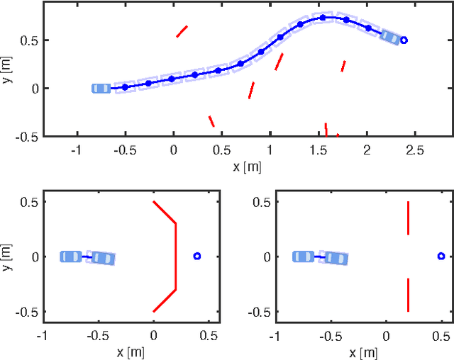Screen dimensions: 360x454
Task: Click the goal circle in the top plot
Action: (x=404, y=40)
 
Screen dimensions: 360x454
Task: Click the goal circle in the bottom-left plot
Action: (x=197, y=256)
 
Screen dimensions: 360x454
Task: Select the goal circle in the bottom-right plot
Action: (x=441, y=256)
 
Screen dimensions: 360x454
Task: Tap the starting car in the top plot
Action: (x=101, y=88)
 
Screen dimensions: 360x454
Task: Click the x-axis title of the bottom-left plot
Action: (x=132, y=352)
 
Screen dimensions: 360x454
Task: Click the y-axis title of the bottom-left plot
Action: (x=9, y=256)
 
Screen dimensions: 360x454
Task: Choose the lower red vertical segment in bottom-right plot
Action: (x=408, y=294)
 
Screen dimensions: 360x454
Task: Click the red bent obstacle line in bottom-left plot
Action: (x=175, y=256)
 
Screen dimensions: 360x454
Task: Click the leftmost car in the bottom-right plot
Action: (x=304, y=256)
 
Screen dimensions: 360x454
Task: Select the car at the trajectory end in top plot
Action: (x=390, y=36)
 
